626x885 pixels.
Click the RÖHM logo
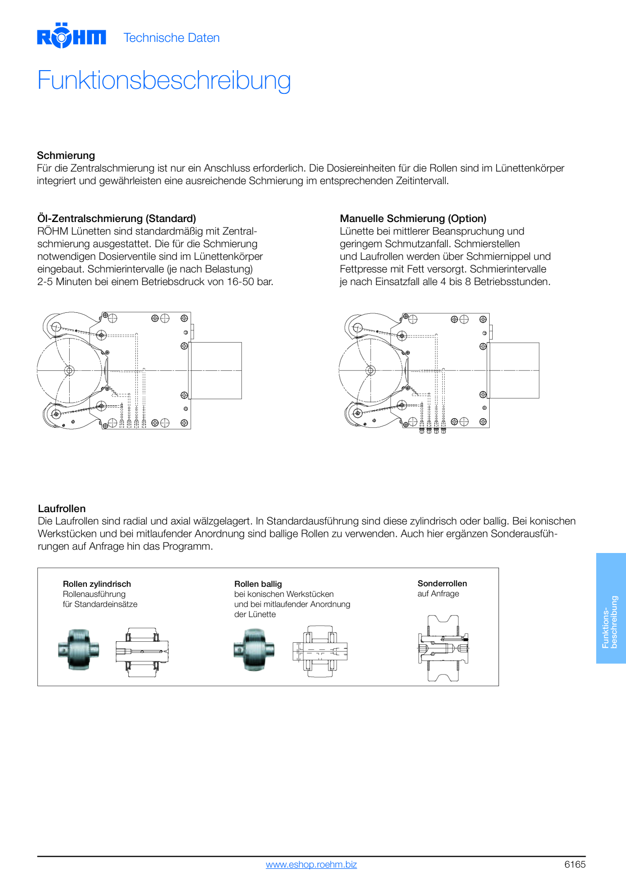coord(71,35)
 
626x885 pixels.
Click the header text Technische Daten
coord(172,38)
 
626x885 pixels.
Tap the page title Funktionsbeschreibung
coord(164,81)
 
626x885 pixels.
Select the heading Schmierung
coord(66,155)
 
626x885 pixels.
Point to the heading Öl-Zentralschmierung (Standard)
coord(117,218)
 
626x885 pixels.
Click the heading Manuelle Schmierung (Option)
coord(413,218)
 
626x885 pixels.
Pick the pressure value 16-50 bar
coord(250,282)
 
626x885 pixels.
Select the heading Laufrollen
coord(62,509)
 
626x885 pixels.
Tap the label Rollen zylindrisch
coord(97,584)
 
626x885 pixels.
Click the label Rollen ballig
coord(258,584)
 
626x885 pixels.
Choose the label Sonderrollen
coord(442,583)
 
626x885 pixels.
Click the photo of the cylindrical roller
coord(78,650)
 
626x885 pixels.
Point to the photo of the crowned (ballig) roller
coord(254,650)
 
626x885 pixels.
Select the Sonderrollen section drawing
coord(443,648)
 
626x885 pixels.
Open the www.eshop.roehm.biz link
coord(311,864)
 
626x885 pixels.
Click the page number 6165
coord(575,864)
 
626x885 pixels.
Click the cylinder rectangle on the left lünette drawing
coord(216,370)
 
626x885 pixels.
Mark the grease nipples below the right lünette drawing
coord(433,430)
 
